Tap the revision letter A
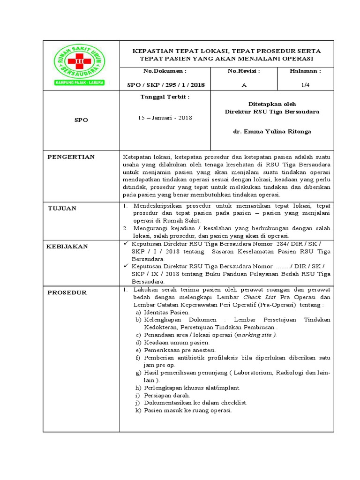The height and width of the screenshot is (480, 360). pyautogui.click(x=243, y=85)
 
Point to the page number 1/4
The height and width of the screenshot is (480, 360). pyautogui.click(x=305, y=85)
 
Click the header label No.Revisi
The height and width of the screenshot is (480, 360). pyautogui.click(x=243, y=71)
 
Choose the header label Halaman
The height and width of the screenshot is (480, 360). pyautogui.click(x=305, y=71)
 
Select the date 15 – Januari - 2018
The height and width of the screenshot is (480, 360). pyautogui.click(x=165, y=118)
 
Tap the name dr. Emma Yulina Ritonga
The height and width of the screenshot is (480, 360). pyautogui.click(x=272, y=132)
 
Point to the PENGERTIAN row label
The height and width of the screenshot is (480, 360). pyautogui.click(x=71, y=157)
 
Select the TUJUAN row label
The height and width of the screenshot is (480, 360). pyautogui.click(x=62, y=208)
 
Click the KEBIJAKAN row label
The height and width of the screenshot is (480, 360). pyautogui.click(x=67, y=246)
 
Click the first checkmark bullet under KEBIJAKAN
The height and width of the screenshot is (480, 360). pyautogui.click(x=125, y=244)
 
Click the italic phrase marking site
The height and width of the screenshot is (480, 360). pyautogui.click(x=256, y=335)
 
